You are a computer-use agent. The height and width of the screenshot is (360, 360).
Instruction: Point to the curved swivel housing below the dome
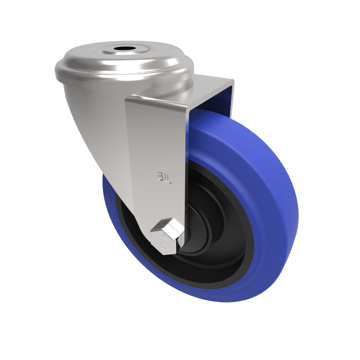[94, 117]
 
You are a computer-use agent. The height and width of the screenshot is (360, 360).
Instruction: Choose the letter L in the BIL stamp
[170, 175]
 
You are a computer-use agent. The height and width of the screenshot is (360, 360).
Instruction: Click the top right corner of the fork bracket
[233, 81]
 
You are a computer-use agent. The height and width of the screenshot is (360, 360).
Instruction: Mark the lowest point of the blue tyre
[216, 301]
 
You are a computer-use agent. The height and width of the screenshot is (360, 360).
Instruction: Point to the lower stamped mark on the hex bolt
[162, 246]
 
